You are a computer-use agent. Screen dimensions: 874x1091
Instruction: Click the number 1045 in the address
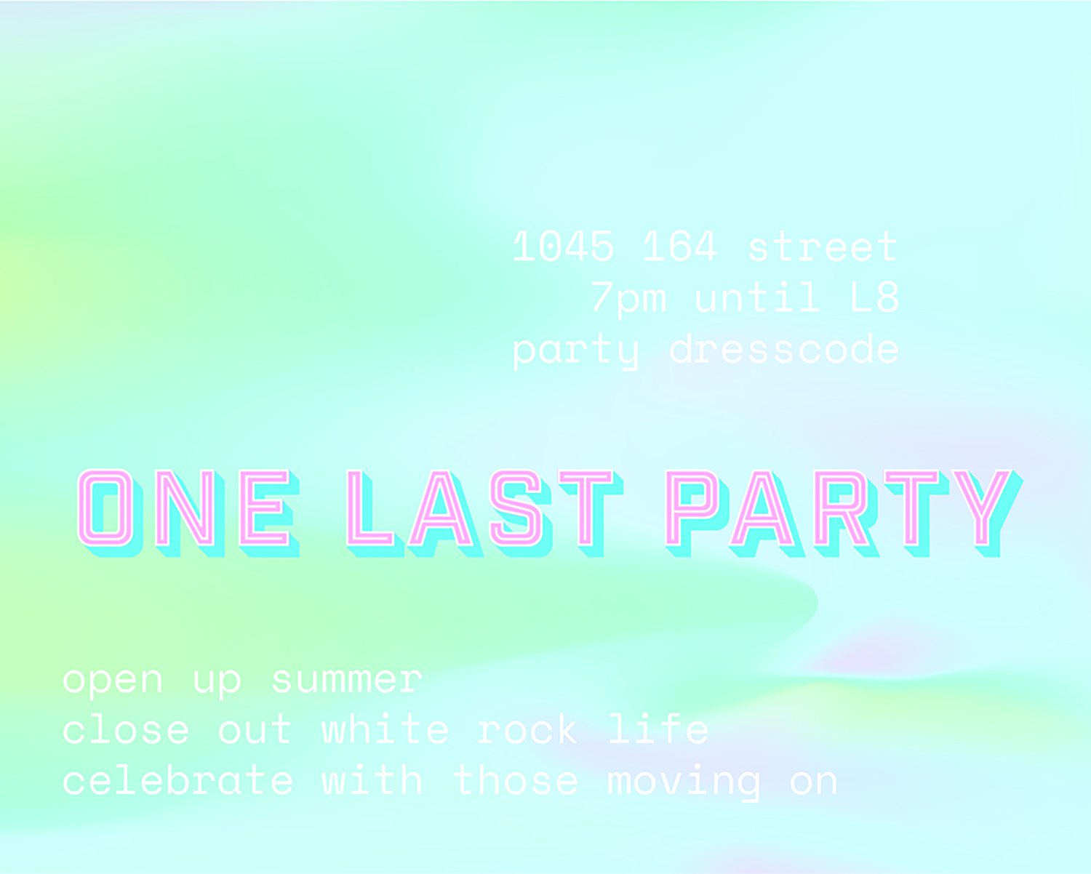pos(563,246)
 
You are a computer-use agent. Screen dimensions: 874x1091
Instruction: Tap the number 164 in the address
pos(680,246)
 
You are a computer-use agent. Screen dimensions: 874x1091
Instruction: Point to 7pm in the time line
pos(628,298)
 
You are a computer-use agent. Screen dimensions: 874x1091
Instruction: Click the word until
pos(756,297)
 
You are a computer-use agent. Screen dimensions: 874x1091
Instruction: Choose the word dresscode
pos(784,349)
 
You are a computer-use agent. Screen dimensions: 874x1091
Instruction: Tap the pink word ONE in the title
pos(187,509)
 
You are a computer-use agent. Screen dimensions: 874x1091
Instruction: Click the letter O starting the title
pos(106,509)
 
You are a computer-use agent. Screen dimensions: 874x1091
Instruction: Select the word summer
pos(346,680)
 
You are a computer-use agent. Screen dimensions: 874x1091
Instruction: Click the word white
pos(385,729)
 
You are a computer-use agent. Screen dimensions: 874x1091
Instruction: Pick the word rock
pos(527,729)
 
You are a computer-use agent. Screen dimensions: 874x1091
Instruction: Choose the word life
pos(658,729)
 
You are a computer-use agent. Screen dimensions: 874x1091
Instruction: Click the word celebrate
pos(178,780)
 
